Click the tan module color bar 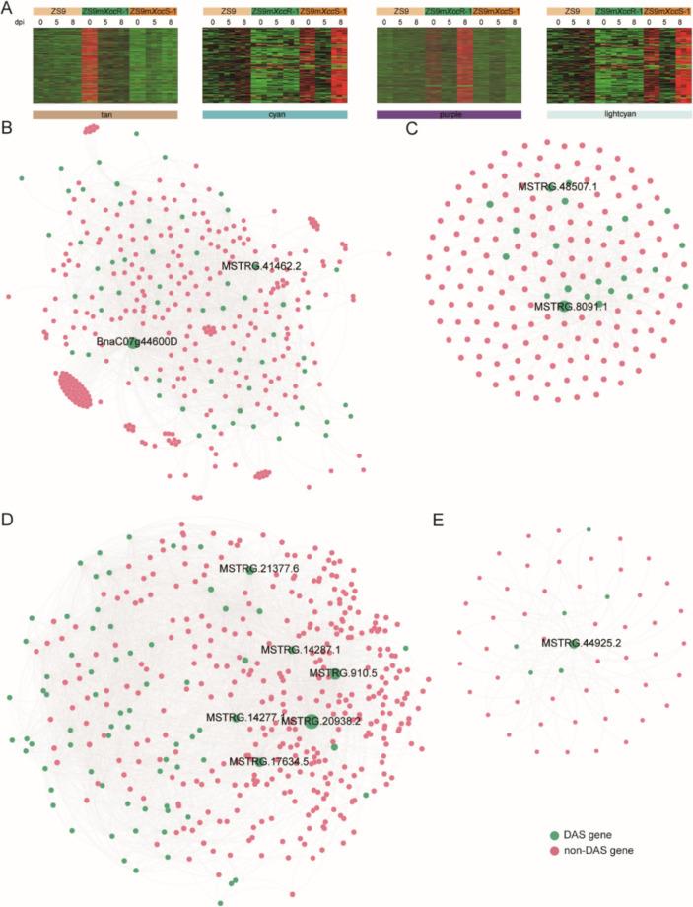pyautogui.click(x=104, y=114)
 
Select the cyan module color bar pyautogui.click(x=274, y=114)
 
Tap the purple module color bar pyautogui.click(x=449, y=114)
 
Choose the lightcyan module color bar pyautogui.click(x=618, y=114)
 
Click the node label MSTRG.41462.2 pyautogui.click(x=261, y=265)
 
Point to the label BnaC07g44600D pyautogui.click(x=135, y=340)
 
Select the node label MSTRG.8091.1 pyautogui.click(x=569, y=307)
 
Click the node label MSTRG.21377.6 pyautogui.click(x=258, y=569)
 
